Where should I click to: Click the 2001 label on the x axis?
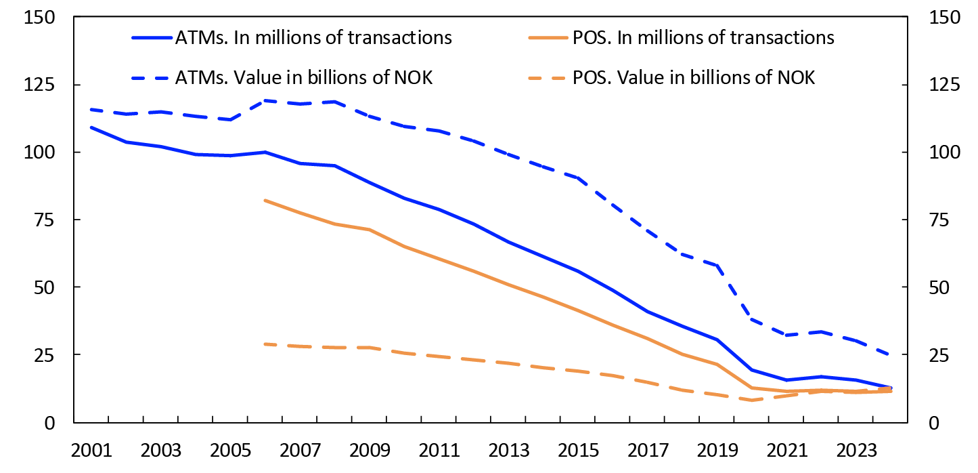91,451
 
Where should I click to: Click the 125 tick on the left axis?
39,85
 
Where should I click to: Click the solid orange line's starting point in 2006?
265,201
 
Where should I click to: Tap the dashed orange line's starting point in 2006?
265,344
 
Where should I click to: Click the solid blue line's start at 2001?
91,127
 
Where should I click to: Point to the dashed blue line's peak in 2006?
265,100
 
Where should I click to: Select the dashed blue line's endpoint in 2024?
890,354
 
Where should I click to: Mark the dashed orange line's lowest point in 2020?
751,400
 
